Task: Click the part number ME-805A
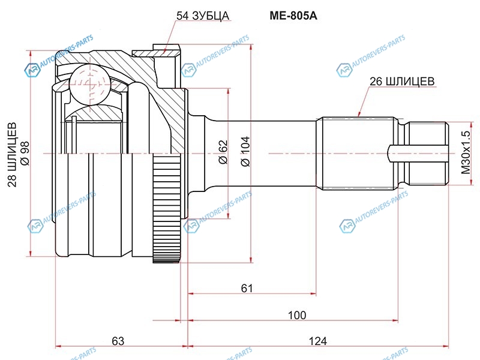[x=292, y=16]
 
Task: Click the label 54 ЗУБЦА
[x=203, y=16]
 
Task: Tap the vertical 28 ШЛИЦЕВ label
[x=12, y=155]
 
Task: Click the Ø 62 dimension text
[x=222, y=152]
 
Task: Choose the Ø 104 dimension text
[x=244, y=152]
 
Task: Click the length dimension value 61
[x=247, y=289]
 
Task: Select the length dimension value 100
[x=296, y=315]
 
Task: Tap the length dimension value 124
[x=318, y=341]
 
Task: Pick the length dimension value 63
[x=118, y=341]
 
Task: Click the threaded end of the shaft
[x=428, y=154]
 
